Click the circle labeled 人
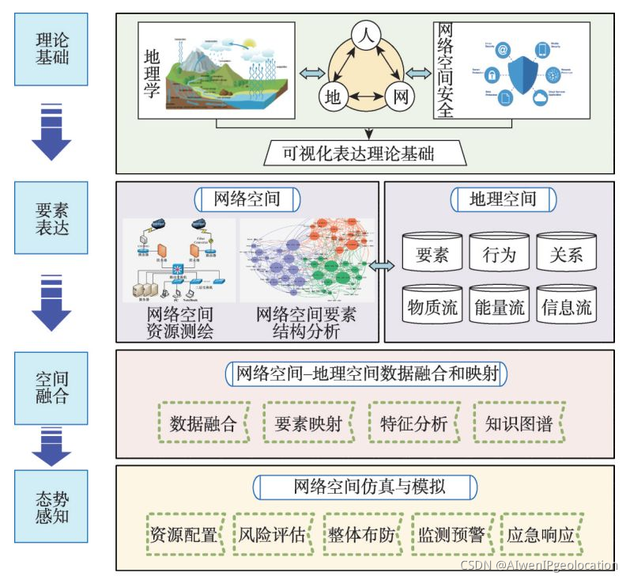pyautogui.click(x=366, y=36)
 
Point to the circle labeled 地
pyautogui.click(x=334, y=98)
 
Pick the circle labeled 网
pyautogui.click(x=400, y=98)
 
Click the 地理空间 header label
pyautogui.click(x=503, y=199)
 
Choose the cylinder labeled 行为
pyautogui.click(x=499, y=255)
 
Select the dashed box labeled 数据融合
pyautogui.click(x=203, y=423)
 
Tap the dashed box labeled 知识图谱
pyautogui.click(x=519, y=423)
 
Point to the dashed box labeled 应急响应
pyautogui.click(x=541, y=534)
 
